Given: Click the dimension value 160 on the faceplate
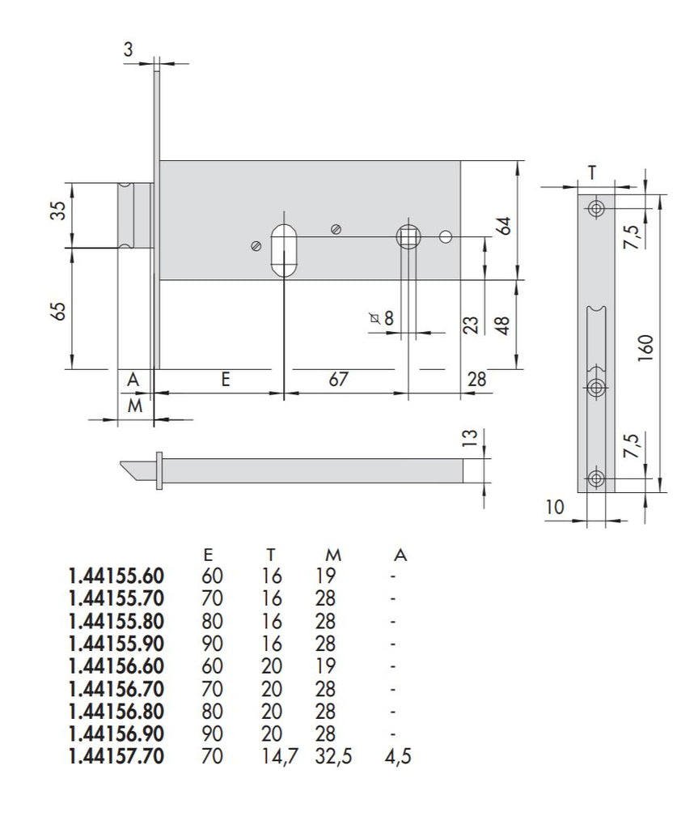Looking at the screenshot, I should pyautogui.click(x=644, y=348).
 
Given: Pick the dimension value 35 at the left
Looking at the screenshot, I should pyautogui.click(x=57, y=215).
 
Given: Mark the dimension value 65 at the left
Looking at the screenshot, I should pyautogui.click(x=57, y=311).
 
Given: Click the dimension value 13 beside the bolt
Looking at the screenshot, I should pyautogui.click(x=467, y=440).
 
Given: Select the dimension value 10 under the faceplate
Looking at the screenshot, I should pyautogui.click(x=556, y=508).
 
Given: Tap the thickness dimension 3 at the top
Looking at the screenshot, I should pyautogui.click(x=129, y=49).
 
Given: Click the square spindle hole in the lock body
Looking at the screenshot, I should pyautogui.click(x=407, y=237).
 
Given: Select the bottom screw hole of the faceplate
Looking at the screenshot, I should pyautogui.click(x=597, y=478).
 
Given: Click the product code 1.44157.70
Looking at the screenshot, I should pyautogui.click(x=116, y=757).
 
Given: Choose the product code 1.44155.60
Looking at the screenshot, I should pyautogui.click(x=116, y=576).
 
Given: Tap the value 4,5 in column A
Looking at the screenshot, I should pyautogui.click(x=401, y=757).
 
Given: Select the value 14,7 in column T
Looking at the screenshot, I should pyautogui.click(x=275, y=757).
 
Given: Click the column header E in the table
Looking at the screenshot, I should pyautogui.click(x=209, y=555).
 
